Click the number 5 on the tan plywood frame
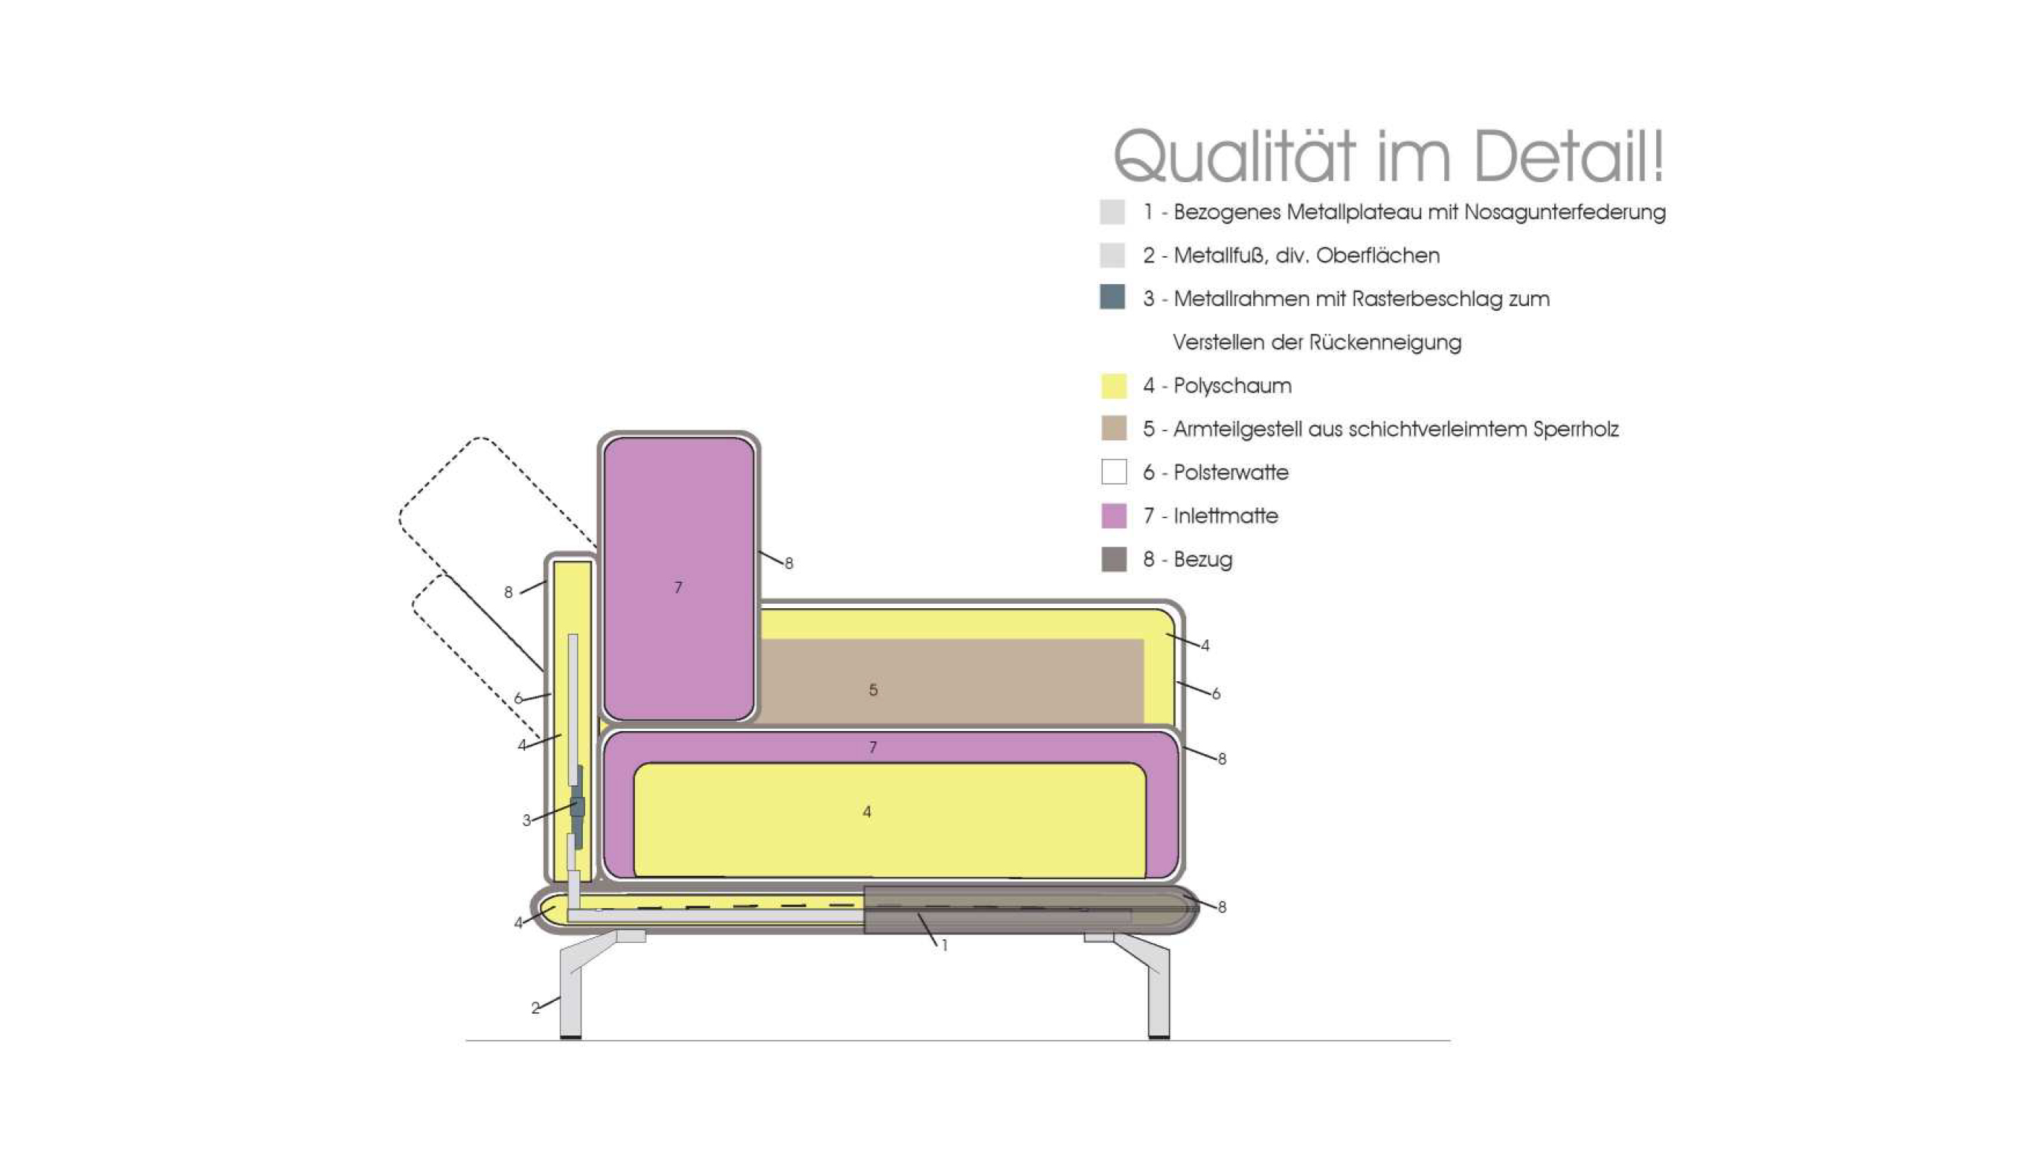pos(874,690)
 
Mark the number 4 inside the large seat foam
pos(867,812)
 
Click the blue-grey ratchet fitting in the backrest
pos(578,806)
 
